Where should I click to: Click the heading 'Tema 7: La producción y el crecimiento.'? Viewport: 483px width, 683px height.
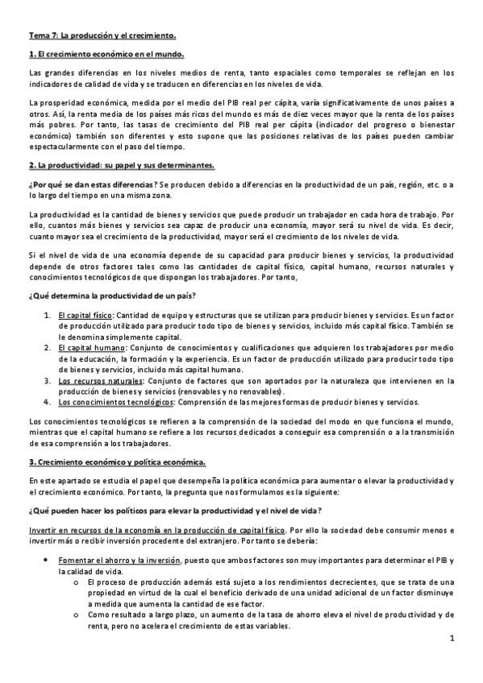click(102, 36)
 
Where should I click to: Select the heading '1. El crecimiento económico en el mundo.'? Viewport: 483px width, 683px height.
click(106, 54)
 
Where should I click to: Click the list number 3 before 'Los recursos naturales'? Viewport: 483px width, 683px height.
click(47, 379)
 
